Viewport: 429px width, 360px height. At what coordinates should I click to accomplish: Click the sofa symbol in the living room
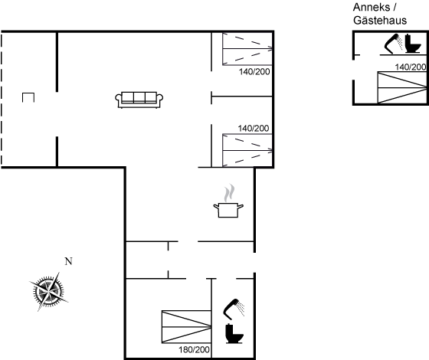click(x=139, y=100)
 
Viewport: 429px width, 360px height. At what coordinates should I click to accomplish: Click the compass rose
click(x=48, y=292)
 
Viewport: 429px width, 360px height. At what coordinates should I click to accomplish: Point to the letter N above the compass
click(x=69, y=261)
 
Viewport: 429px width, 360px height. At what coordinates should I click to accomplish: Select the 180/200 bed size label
click(x=195, y=349)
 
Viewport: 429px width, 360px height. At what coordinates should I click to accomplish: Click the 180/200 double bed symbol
click(x=186, y=326)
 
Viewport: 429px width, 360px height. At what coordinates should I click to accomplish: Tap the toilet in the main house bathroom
click(x=234, y=333)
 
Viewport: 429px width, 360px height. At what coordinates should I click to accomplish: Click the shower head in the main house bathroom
click(x=234, y=309)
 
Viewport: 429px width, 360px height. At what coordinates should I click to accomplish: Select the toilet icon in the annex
click(x=413, y=44)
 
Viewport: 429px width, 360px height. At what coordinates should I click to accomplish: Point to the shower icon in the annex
click(x=394, y=43)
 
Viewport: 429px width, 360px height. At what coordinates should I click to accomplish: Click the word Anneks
click(x=372, y=8)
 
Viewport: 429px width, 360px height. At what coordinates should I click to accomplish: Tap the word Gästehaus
click(x=380, y=20)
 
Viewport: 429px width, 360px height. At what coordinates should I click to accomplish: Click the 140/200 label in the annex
click(x=411, y=67)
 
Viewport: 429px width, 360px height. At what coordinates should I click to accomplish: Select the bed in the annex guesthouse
click(x=402, y=87)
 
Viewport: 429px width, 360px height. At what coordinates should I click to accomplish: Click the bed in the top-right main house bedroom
click(x=247, y=49)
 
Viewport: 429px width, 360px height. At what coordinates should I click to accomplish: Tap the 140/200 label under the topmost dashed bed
click(x=254, y=72)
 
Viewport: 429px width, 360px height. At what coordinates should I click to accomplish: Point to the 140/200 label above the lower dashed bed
click(x=254, y=128)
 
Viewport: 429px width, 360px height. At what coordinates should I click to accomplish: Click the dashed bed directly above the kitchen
click(x=247, y=150)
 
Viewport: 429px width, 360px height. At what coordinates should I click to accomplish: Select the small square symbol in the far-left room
click(x=28, y=97)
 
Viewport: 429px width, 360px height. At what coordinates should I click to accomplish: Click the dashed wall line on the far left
click(x=2, y=99)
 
